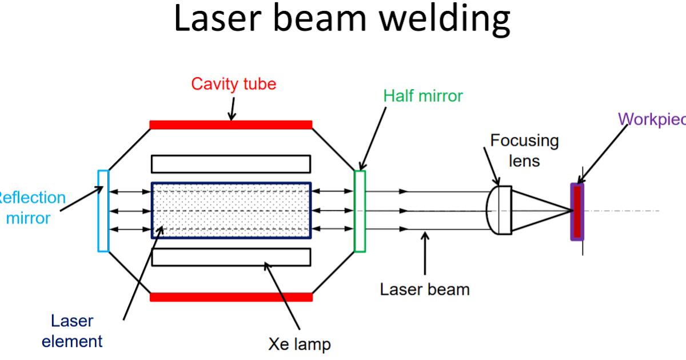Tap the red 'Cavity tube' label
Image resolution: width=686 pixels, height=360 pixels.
(233, 84)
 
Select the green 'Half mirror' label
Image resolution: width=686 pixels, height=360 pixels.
(422, 95)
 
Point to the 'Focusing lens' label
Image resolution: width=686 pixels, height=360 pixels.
(524, 150)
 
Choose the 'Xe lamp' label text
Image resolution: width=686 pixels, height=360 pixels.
(299, 345)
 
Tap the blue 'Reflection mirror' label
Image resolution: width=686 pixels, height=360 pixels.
(31, 207)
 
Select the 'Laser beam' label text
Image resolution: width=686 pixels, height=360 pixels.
(424, 289)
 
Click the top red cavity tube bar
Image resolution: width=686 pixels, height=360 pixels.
(231, 125)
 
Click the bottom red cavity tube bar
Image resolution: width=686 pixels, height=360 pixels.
(231, 297)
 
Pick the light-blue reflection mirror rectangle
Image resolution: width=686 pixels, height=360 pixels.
(103, 211)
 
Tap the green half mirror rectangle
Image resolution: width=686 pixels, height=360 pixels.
(360, 211)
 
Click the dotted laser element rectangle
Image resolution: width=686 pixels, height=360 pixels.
(231, 210)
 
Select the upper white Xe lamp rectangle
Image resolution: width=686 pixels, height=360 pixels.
(231, 164)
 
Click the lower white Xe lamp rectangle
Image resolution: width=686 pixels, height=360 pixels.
(231, 257)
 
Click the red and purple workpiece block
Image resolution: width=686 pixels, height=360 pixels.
(577, 211)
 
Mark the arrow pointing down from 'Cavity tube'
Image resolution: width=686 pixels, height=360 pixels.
(231, 108)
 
